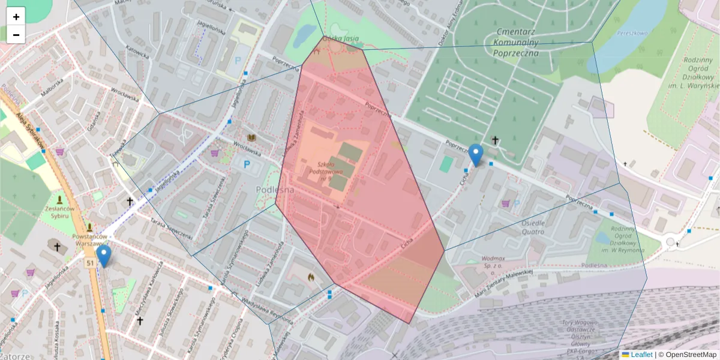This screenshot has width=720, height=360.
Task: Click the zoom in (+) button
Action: coord(16,17)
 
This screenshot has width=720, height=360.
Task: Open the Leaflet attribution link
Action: coord(641,355)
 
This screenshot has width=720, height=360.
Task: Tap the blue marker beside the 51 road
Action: coord(104,256)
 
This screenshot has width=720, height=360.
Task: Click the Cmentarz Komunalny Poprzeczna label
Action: coord(517,42)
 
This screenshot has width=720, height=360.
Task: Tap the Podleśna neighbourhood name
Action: coord(275,190)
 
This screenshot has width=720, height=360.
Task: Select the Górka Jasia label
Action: coord(340,39)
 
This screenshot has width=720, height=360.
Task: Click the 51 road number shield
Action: coord(90,263)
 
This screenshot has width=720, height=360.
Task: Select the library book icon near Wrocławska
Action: coord(252,139)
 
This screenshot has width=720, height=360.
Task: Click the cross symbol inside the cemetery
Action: coord(495,140)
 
